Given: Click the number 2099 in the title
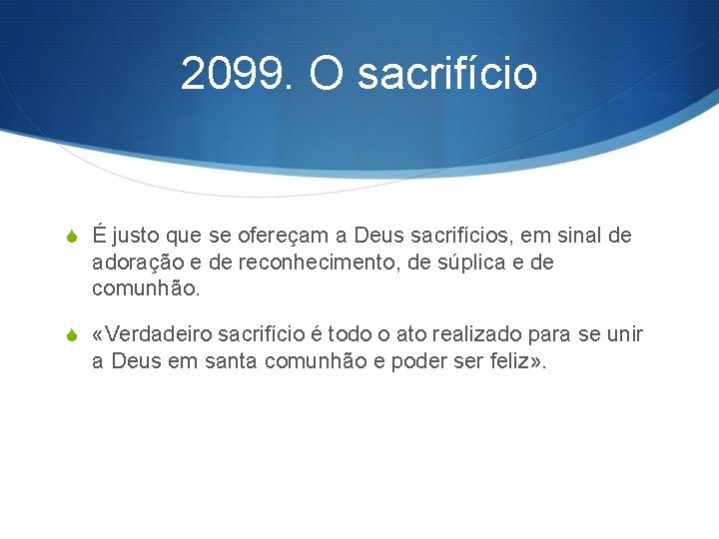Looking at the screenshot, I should coord(233,73).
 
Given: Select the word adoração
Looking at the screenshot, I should coord(134,263).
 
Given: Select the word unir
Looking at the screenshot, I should coord(625,333).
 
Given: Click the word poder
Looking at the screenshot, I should coord(404,360).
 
